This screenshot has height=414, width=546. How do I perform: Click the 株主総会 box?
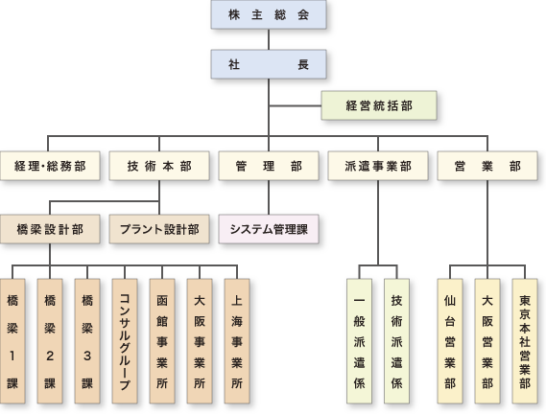click(x=269, y=14)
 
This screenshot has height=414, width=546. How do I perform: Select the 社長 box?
click(x=269, y=64)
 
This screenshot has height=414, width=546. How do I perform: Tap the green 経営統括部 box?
click(x=379, y=105)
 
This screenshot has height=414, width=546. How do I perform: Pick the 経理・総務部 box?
click(x=50, y=166)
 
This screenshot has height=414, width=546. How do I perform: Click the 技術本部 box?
click(x=159, y=166)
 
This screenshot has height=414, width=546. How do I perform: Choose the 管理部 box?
click(x=269, y=166)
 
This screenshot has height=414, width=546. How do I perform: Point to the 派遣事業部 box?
click(x=378, y=166)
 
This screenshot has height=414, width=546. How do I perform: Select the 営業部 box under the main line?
click(x=487, y=166)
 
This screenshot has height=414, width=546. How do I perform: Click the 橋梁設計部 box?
click(x=50, y=229)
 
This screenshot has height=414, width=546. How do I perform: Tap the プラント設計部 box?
click(x=159, y=229)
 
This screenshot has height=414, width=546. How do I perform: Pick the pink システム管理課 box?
click(x=269, y=229)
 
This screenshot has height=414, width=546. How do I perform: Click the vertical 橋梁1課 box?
click(x=12, y=341)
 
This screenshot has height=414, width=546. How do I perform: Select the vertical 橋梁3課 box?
click(x=87, y=341)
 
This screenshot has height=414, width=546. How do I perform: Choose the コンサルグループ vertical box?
click(x=125, y=341)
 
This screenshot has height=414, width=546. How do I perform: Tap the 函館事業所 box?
click(x=162, y=341)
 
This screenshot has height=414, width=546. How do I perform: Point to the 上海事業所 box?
click(x=237, y=341)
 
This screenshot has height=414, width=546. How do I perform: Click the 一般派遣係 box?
click(x=359, y=341)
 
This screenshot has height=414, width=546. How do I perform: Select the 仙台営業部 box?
click(x=450, y=341)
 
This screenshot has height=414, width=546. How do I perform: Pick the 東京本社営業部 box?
click(x=525, y=341)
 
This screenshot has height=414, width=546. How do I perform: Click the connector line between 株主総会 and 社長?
click(x=269, y=39)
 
